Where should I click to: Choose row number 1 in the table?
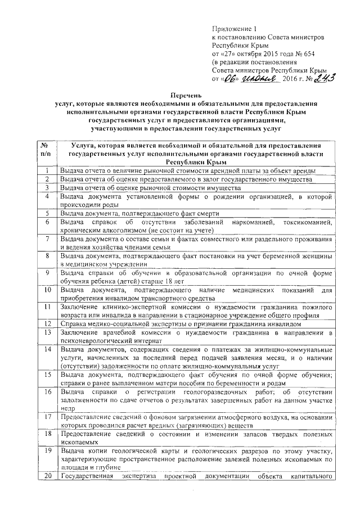(48, 170)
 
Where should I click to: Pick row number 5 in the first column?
(48, 213)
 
